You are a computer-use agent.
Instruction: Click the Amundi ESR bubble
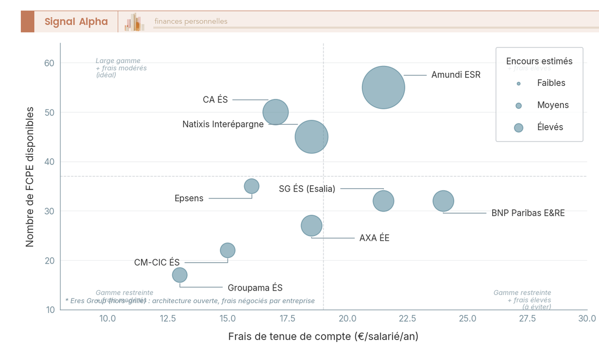[383, 87]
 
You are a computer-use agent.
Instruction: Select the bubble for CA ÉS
[276, 112]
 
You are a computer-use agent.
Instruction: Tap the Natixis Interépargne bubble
[311, 137]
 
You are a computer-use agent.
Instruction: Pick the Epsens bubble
[252, 186]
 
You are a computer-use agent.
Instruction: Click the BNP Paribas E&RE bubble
[443, 201]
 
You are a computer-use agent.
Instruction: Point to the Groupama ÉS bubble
[180, 275]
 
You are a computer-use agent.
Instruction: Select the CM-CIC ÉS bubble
[228, 250]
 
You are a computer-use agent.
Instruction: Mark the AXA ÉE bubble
[311, 226]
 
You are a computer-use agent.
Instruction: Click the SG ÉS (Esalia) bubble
[383, 201]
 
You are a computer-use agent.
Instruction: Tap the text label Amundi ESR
[456, 75]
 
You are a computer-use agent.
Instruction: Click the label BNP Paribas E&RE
[528, 213]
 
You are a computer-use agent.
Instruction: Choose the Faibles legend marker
[519, 83]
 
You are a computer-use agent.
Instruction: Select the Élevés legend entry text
[550, 127]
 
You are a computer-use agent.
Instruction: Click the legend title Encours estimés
[539, 61]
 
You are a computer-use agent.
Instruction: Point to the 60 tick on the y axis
[48, 63]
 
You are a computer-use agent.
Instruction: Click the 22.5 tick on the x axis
[407, 319]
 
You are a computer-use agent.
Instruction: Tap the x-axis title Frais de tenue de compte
[323, 337]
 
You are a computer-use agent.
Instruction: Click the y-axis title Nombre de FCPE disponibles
[30, 176]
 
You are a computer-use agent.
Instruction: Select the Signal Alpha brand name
[76, 21]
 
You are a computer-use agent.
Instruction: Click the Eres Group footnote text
[190, 301]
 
